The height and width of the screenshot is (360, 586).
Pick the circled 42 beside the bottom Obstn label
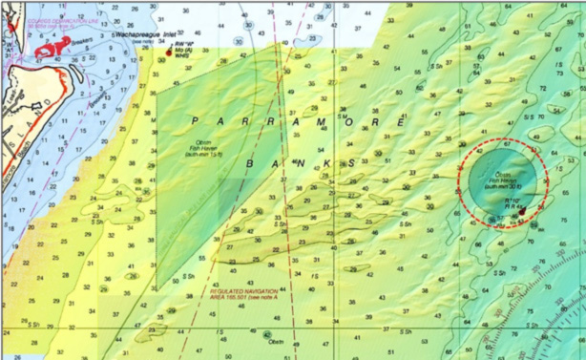click(266, 334)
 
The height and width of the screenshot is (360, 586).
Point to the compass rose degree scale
click(534, 315)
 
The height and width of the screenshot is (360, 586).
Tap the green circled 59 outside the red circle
click(534, 225)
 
